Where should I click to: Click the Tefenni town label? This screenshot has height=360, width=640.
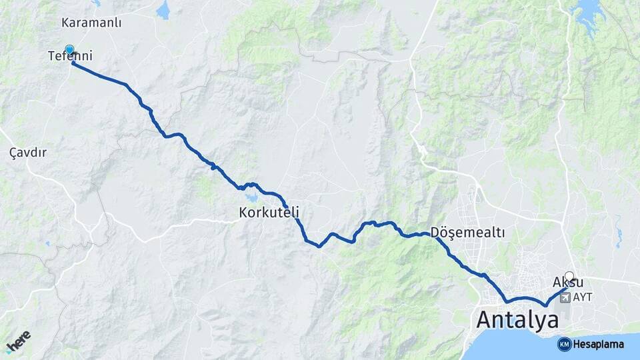[70, 57]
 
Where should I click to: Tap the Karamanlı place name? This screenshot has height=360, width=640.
[91, 23]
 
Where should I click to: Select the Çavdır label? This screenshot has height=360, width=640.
[28, 153]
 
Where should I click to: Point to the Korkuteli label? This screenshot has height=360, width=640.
[269, 213]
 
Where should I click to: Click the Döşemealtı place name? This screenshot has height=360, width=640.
[468, 233]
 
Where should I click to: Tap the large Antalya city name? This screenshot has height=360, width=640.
[517, 320]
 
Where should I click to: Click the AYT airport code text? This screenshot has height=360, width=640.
[583, 296]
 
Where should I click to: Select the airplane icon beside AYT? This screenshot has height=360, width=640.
[566, 296]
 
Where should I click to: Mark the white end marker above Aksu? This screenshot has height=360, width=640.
[569, 275]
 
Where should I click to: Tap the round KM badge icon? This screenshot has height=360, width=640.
[564, 344]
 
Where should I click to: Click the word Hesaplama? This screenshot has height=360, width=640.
[598, 344]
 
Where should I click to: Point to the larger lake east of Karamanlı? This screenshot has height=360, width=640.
[163, 10]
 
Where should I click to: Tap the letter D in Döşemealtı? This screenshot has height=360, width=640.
[436, 233]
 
